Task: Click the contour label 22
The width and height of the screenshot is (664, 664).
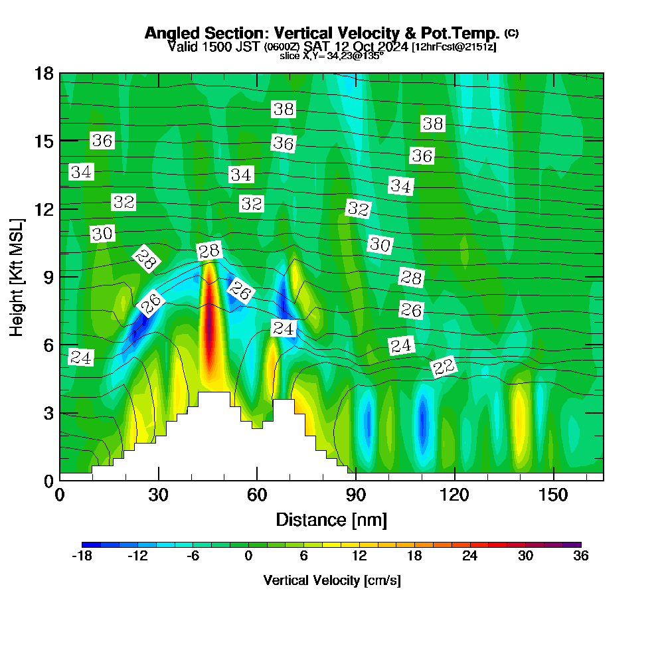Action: click(444, 367)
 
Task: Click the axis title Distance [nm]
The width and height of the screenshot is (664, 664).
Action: click(331, 519)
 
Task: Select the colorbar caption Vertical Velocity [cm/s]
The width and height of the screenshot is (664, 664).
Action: click(331, 580)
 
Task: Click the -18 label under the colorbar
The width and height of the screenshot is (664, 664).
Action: click(82, 556)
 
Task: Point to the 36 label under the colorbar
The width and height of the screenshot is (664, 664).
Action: click(581, 556)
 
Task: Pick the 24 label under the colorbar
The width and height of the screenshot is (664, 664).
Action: click(470, 556)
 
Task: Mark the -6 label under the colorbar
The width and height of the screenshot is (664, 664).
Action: click(193, 556)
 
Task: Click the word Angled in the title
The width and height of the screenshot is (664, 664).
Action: click(174, 33)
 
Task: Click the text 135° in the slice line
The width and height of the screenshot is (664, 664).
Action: click(373, 56)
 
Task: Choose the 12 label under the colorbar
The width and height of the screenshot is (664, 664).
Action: click(359, 556)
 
